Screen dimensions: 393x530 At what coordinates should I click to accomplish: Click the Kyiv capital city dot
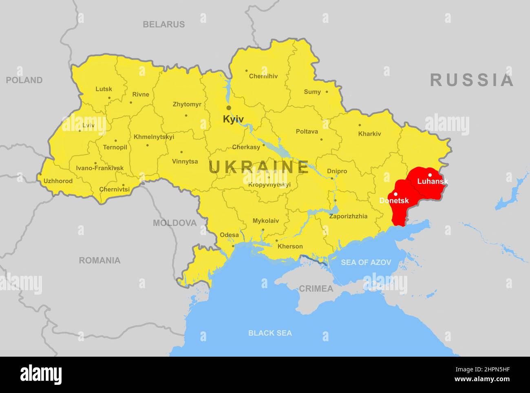[229, 108]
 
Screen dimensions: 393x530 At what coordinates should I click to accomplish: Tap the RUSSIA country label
[472, 80]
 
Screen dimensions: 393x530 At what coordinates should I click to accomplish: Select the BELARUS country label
[163, 24]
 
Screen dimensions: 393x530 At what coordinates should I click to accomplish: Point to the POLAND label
[24, 80]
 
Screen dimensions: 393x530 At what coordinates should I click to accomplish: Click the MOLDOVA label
[174, 223]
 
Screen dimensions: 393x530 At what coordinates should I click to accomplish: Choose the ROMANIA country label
[99, 260]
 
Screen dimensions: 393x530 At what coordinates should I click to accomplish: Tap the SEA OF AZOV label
[366, 262]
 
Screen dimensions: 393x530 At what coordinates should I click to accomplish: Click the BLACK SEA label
[270, 333]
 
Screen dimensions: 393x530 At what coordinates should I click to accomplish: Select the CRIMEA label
[316, 289]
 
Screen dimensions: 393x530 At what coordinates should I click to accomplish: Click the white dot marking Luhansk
[430, 175]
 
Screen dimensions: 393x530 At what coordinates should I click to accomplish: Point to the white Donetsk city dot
[395, 194]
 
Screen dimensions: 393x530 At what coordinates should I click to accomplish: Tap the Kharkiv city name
[369, 133]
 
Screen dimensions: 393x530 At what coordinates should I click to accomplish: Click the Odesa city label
[229, 235]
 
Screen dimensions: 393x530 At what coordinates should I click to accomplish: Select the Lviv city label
[88, 125]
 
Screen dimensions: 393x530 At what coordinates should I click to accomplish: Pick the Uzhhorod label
[58, 181]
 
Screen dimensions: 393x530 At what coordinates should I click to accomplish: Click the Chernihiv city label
[263, 76]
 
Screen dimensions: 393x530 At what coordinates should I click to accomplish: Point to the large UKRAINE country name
[259, 167]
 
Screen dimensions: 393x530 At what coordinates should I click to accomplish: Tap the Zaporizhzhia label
[348, 216]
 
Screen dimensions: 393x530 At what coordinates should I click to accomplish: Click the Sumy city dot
[327, 92]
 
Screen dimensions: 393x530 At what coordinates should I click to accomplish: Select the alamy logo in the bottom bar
[41, 375]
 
